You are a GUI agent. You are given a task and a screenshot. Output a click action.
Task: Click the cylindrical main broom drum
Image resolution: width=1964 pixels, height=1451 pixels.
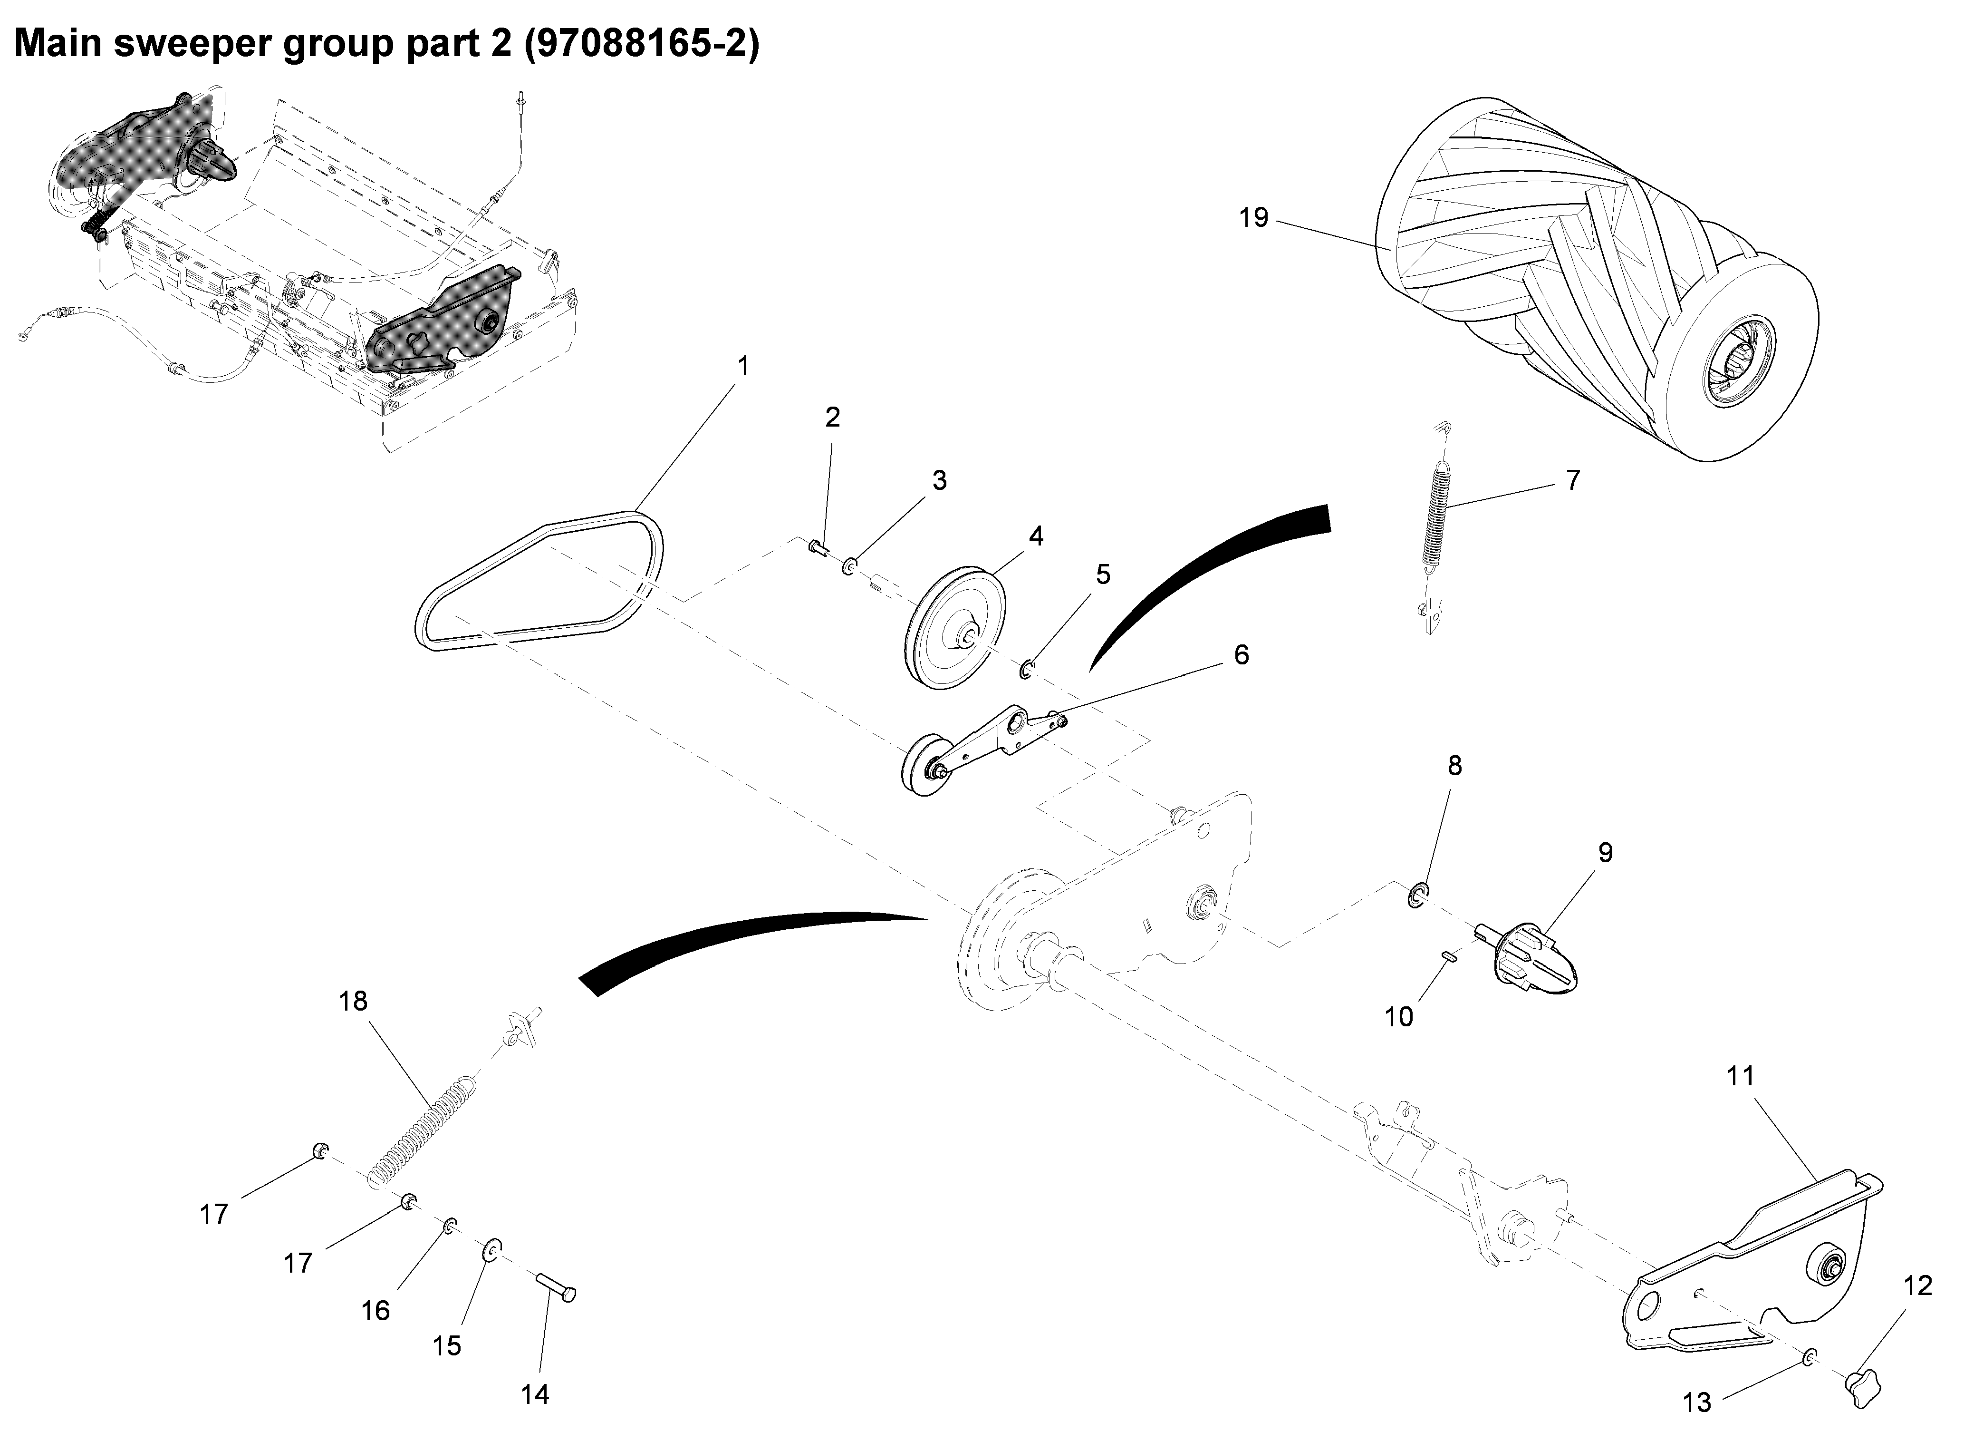[1580, 281]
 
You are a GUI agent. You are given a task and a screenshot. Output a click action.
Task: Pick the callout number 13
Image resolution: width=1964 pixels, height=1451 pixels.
[1696, 1402]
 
